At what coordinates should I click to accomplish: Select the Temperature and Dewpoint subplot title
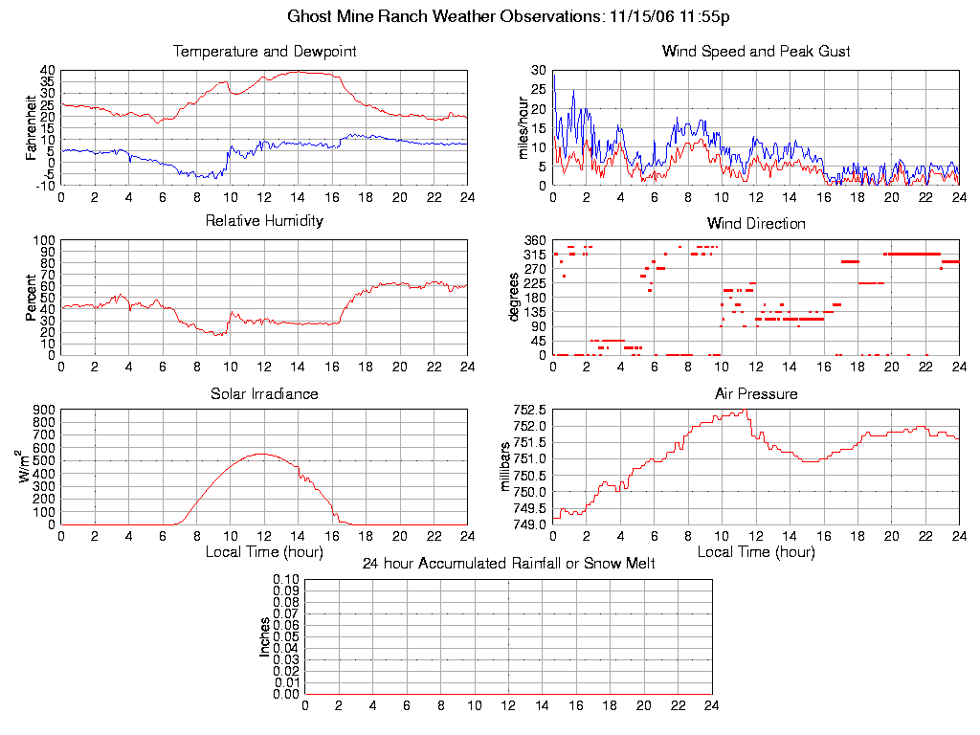coord(264,51)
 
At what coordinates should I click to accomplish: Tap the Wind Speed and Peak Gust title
coord(756,51)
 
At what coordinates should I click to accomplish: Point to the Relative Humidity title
coord(264,221)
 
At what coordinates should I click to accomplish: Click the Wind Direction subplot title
coord(756,223)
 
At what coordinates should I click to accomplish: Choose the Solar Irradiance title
coord(264,393)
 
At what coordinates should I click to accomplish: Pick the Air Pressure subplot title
coord(756,393)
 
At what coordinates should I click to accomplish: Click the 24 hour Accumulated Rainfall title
coord(508,564)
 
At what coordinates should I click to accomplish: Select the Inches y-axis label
coord(265,636)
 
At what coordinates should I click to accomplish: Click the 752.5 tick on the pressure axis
coord(528,411)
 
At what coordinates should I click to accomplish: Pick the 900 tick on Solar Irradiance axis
coord(45,411)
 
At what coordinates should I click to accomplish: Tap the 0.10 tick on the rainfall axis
coord(286,580)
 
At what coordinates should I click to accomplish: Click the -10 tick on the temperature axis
coord(45,186)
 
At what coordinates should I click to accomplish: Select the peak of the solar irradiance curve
coord(262,454)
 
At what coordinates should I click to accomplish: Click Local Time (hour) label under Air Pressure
coord(756,552)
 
